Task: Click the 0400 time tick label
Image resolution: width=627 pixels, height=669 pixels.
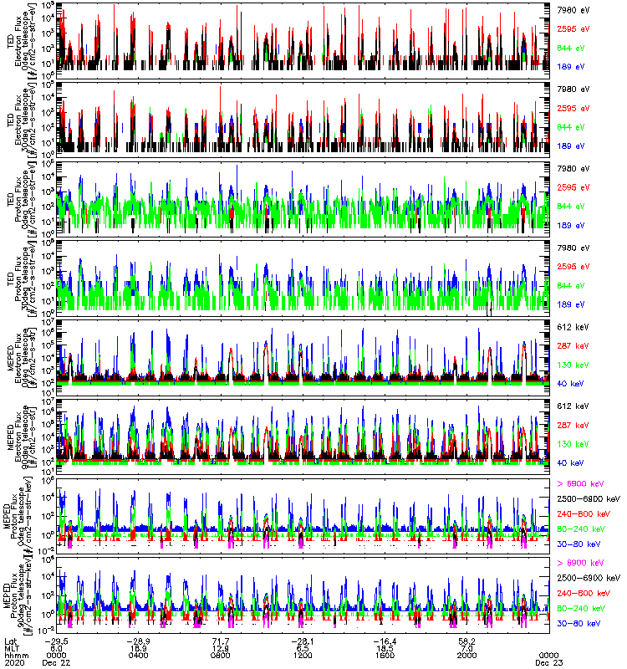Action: (x=139, y=655)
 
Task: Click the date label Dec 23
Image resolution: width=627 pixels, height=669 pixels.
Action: (x=548, y=662)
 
